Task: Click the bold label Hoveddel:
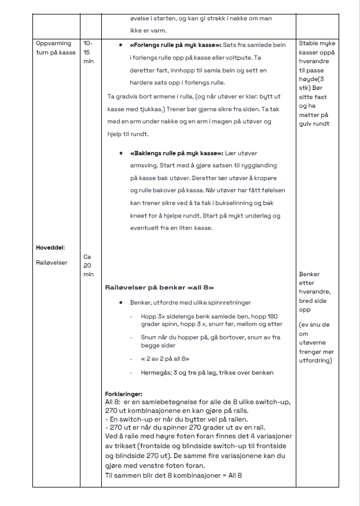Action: coord(50,247)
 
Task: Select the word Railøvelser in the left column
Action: coord(52,262)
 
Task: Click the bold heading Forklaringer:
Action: coord(123,394)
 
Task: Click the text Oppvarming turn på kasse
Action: coord(56,48)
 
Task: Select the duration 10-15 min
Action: coord(88,52)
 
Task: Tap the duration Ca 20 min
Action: coord(88,265)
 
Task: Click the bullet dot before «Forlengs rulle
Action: coord(120,45)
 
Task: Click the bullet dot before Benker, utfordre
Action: coord(120,302)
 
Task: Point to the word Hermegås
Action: coord(155,372)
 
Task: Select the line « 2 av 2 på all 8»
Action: coord(164,358)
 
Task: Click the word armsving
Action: coord(147,166)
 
